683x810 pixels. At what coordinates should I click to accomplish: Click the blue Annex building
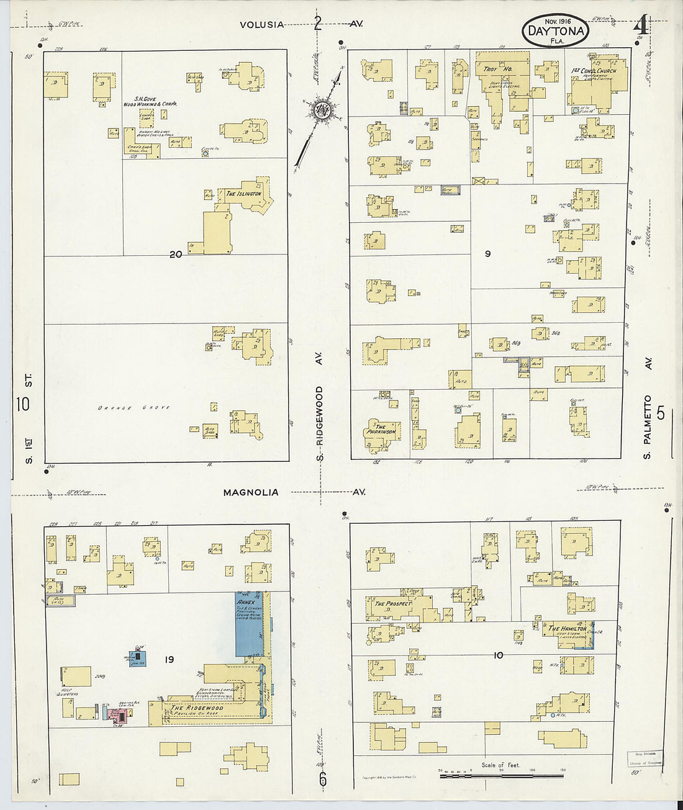coord(250,624)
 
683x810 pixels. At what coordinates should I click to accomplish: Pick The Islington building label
coord(243,194)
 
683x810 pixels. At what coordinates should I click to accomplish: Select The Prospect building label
coord(392,603)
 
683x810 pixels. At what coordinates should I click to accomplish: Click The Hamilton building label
coord(567,628)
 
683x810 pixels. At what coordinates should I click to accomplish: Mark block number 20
coord(176,253)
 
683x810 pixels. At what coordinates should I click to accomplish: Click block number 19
coord(169,660)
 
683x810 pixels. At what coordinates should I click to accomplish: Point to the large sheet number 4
coord(641,26)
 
